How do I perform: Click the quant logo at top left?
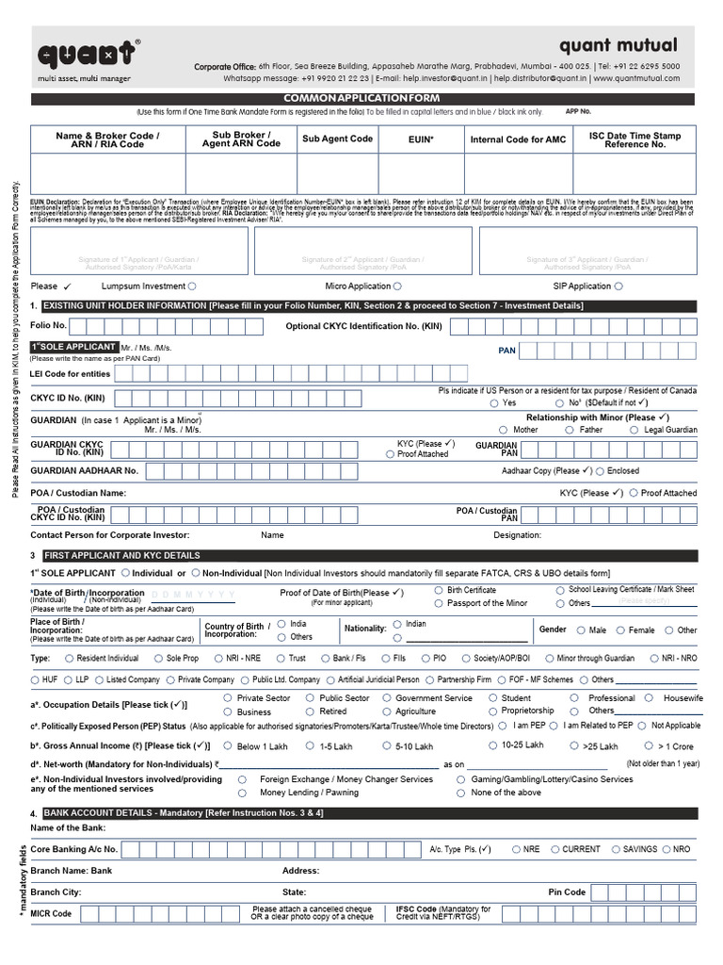point(85,57)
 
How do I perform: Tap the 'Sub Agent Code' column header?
point(337,139)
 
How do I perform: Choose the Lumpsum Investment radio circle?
point(192,286)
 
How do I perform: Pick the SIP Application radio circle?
point(618,286)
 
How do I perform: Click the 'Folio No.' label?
point(48,325)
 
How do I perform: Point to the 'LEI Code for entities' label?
point(71,374)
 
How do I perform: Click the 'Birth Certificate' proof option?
point(439,590)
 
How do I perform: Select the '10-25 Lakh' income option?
point(492,745)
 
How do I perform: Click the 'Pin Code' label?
point(567,891)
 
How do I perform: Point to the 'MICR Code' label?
point(51,913)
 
